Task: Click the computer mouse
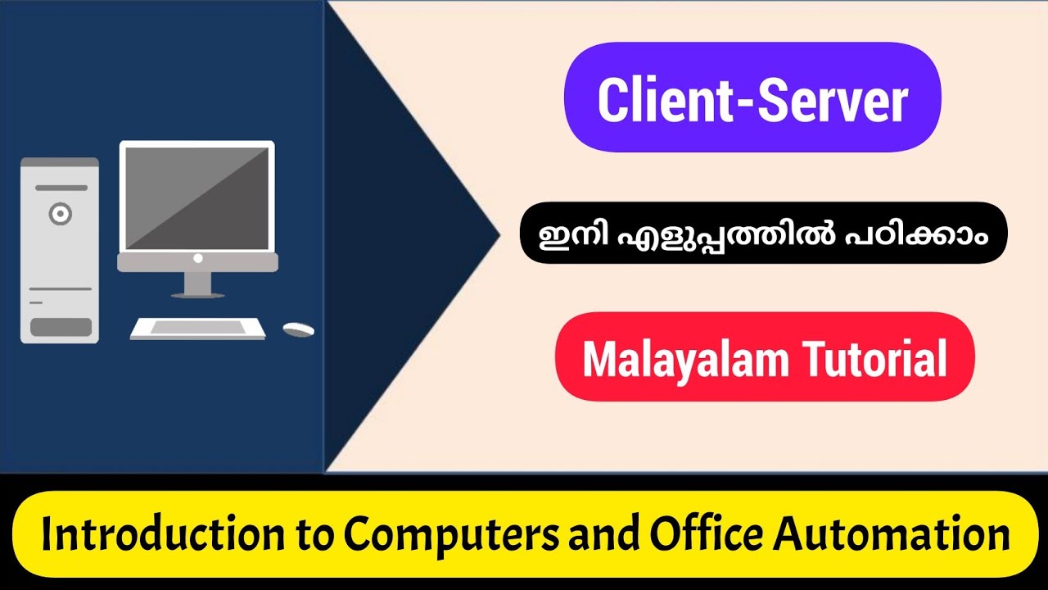(298, 329)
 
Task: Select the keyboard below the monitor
(197, 328)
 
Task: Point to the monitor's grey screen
(196, 197)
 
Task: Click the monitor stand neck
(197, 282)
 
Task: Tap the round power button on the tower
(60, 215)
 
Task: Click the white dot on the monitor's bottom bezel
(197, 258)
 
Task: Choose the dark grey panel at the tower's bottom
(61, 327)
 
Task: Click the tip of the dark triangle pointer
(498, 235)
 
